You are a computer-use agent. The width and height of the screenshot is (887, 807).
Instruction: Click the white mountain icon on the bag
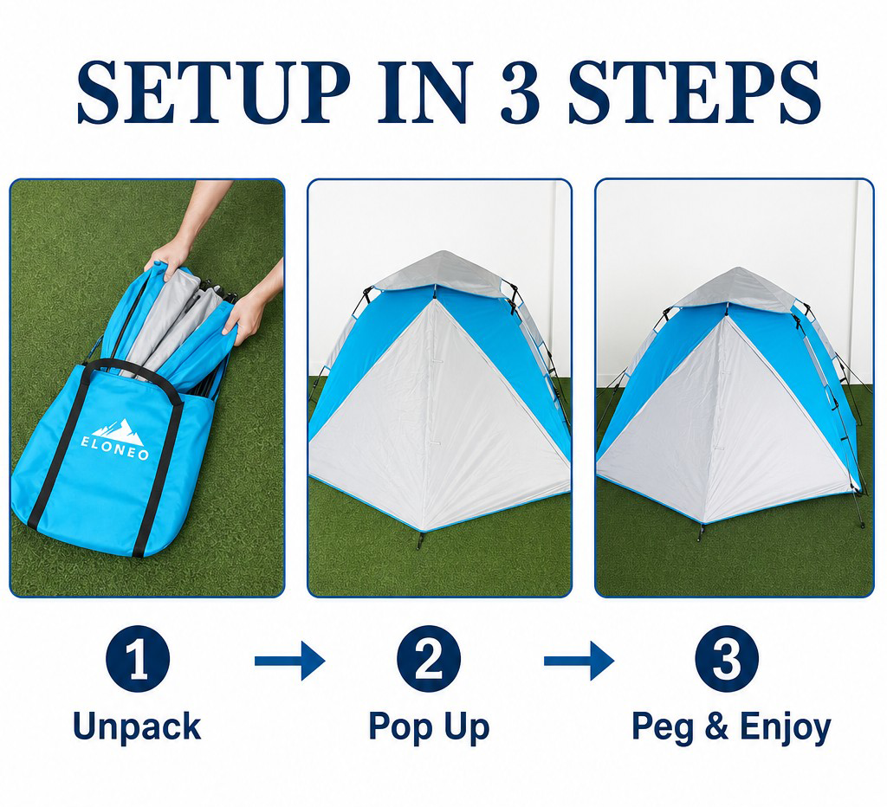point(118,430)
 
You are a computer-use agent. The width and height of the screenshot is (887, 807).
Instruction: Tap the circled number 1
point(138,659)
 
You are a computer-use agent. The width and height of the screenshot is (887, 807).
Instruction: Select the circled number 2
point(429,659)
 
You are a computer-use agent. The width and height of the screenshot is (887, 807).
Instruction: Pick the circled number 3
point(727,659)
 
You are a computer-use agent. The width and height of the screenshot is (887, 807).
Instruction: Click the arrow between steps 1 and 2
point(289,661)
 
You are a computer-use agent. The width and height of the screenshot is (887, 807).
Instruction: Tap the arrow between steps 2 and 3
point(579,661)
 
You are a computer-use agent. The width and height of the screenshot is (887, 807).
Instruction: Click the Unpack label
point(138,726)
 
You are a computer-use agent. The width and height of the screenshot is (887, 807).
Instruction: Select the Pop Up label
point(429,727)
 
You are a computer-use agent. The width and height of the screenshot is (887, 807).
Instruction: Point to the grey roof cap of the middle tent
point(439,272)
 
